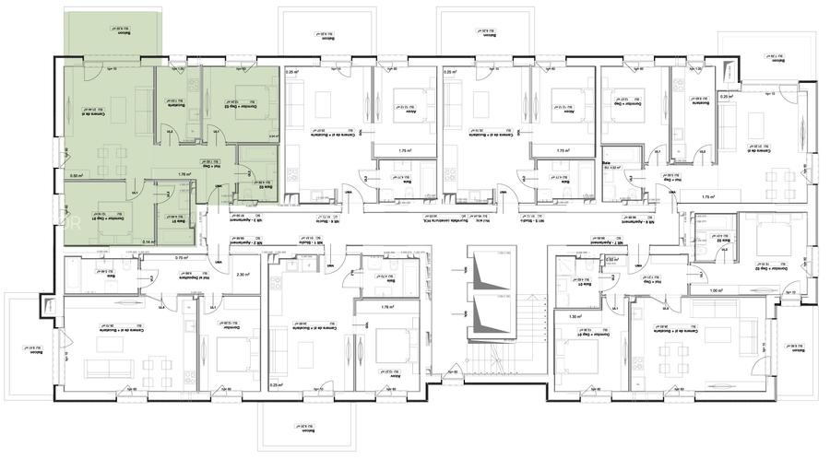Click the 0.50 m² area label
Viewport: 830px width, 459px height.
point(78,175)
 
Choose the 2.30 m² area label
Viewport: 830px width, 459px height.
point(243,274)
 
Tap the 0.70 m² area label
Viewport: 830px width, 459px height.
point(181,258)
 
